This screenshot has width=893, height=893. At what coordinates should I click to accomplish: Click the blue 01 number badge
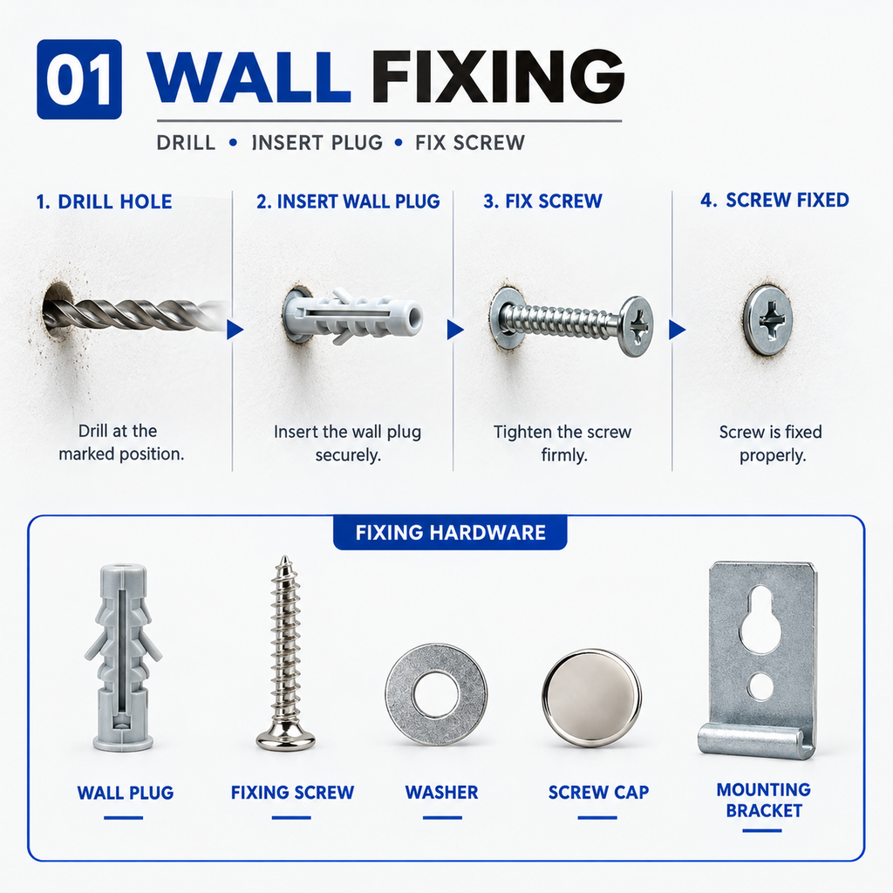(x=79, y=79)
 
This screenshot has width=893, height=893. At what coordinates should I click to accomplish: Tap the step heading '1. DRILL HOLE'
(x=104, y=201)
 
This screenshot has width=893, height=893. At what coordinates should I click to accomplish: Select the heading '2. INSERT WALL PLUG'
(x=348, y=201)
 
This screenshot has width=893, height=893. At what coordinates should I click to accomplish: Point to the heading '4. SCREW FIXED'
(x=774, y=200)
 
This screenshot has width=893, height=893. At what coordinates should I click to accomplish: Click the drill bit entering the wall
(x=137, y=314)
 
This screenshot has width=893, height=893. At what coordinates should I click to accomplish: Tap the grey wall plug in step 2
(x=353, y=316)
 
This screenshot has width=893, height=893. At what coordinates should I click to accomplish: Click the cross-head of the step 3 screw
(x=637, y=326)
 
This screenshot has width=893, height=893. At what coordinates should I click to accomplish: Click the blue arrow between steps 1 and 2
(x=234, y=330)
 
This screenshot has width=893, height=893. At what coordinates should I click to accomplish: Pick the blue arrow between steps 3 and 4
(x=676, y=330)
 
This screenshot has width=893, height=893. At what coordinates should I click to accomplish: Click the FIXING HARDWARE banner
(x=451, y=533)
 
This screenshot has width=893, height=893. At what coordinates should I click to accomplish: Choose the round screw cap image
(x=592, y=699)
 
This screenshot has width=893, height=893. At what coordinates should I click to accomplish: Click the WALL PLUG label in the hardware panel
(x=126, y=793)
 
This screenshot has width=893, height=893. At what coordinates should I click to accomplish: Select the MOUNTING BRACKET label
(x=764, y=801)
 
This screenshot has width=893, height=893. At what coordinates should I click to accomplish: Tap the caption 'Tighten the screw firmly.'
(x=562, y=444)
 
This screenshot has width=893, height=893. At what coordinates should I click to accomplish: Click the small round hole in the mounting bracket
(x=760, y=686)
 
